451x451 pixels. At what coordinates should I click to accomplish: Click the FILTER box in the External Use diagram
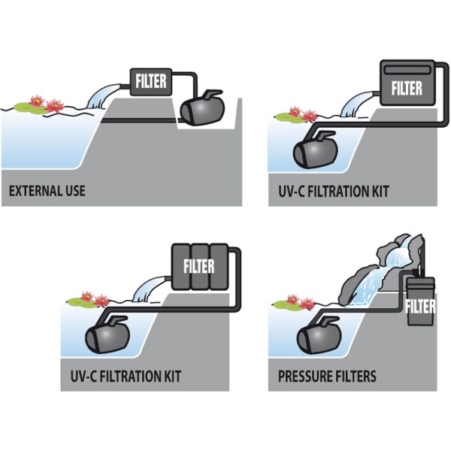(x=151, y=82)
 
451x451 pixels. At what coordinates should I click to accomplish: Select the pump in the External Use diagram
(x=202, y=108)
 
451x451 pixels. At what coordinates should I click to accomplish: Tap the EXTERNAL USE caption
(x=47, y=191)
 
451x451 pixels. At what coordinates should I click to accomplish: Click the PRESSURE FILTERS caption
(x=327, y=377)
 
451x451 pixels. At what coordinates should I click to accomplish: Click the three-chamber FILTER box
(x=200, y=266)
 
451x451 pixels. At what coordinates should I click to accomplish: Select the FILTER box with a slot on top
(x=407, y=83)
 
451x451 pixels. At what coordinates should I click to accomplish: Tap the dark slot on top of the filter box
(x=407, y=70)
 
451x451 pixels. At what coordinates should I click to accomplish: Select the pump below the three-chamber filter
(x=107, y=334)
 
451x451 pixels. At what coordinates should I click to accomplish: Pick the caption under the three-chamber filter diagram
(x=126, y=377)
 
